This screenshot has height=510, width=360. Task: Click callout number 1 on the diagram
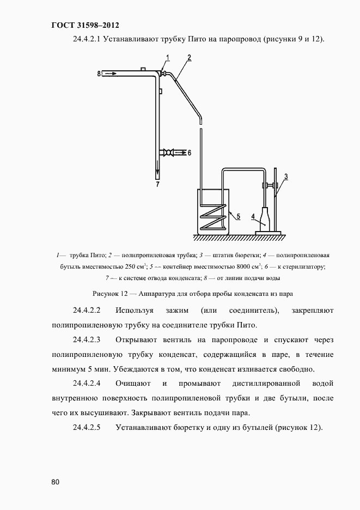(168, 57)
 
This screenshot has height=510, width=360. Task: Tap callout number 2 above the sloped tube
(188, 57)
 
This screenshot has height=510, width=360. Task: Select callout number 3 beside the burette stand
(286, 175)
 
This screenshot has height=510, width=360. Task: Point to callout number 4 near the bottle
(253, 216)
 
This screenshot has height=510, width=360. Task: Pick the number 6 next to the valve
(189, 153)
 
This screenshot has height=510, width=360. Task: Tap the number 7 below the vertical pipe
(157, 185)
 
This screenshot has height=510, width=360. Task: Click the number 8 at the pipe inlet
(99, 72)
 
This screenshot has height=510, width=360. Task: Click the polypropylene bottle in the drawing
(265, 219)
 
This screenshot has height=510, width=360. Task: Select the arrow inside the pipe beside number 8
(111, 72)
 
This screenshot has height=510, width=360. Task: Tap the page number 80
(55, 482)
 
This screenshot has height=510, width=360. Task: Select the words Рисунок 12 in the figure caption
(112, 293)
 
